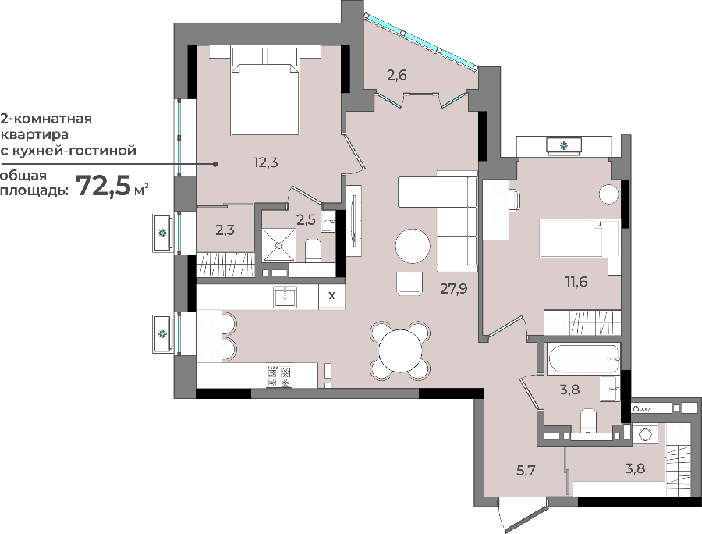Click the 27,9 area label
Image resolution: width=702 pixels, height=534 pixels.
[453, 289]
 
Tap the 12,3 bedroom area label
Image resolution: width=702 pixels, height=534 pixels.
[266, 162]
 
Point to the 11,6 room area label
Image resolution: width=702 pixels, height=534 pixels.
[576, 282]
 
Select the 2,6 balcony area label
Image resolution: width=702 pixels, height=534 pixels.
[397, 75]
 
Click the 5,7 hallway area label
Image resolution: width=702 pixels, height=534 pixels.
[526, 471]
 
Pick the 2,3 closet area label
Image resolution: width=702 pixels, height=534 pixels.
[225, 230]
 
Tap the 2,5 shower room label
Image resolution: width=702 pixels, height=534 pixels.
[306, 219]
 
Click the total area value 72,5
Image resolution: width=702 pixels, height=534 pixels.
[104, 186]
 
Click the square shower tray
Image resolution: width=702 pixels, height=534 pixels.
[279, 245]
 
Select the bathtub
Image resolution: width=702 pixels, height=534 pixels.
[583, 359]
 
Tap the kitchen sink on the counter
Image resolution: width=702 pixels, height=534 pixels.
[285, 297]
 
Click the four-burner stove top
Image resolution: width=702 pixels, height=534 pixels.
[279, 376]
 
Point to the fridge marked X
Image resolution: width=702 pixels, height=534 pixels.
[331, 296]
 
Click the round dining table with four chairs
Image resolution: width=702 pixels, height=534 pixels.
[401, 350]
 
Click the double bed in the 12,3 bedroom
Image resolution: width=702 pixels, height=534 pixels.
[264, 91]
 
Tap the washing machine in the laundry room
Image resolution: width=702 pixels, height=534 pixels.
[645, 433]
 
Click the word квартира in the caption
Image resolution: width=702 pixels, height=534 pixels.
[35, 134]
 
